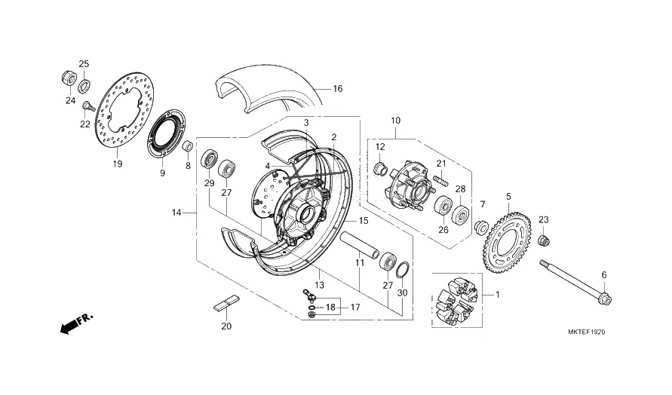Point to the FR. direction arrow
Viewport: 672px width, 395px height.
(75, 324)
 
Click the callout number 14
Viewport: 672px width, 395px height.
(176, 213)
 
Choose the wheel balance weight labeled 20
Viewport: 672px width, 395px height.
(226, 305)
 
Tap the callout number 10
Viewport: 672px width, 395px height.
(395, 120)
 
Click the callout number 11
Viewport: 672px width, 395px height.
(360, 263)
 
